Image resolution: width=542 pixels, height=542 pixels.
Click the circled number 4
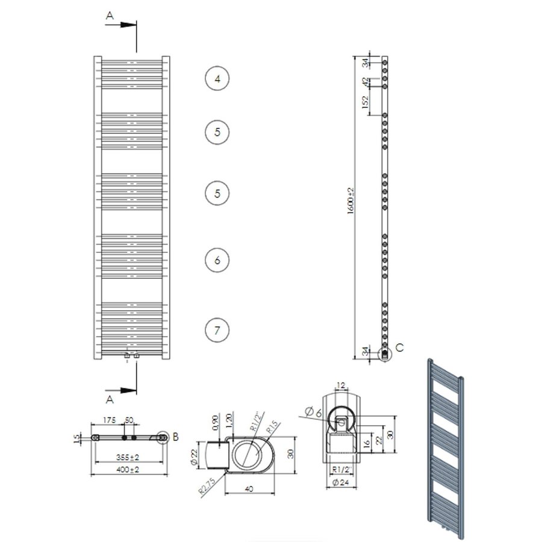coord(217,79)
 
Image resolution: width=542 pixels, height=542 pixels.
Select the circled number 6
coord(217,260)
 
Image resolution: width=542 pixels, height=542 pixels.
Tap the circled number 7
coord(217,330)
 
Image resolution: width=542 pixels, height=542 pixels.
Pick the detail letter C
coord(400,348)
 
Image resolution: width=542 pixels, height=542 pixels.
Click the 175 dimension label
coord(109,419)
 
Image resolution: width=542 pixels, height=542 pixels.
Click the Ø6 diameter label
coord(314,412)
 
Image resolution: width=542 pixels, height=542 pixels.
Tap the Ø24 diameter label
coord(341,482)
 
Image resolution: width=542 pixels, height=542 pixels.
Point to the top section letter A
coord(109,17)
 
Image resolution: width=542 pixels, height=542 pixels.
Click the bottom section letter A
coord(109,399)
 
